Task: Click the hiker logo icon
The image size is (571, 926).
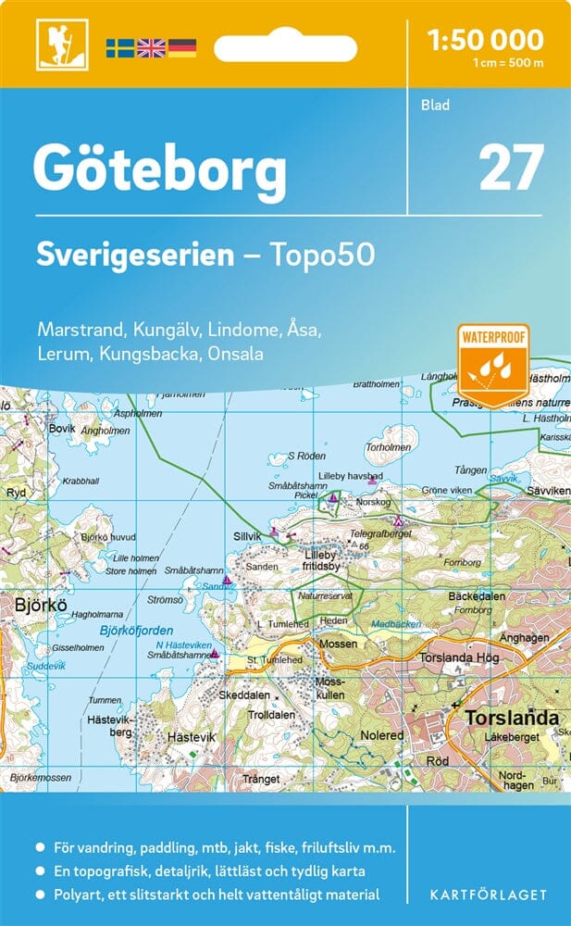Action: point(54,44)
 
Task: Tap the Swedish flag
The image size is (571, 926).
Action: point(119,48)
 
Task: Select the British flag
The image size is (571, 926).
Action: point(150,48)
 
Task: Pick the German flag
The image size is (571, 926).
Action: point(181,48)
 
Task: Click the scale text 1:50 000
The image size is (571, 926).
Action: point(485,40)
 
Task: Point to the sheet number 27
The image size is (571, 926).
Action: point(511,169)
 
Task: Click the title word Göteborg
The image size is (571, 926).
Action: point(159,169)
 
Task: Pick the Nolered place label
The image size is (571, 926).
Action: point(381,735)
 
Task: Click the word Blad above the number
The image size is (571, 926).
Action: point(435,106)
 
